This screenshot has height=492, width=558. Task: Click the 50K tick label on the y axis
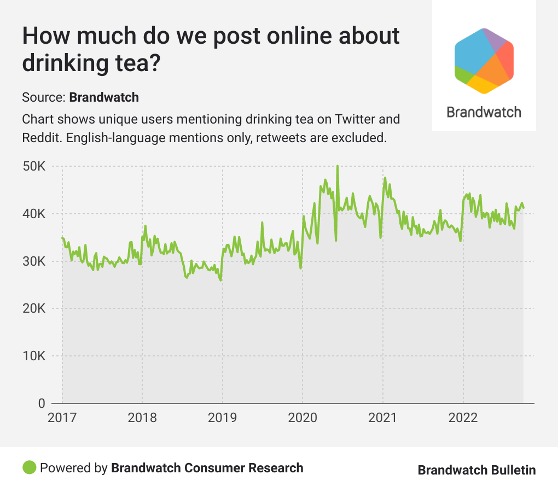tap(34, 166)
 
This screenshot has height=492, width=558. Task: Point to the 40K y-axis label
tap(34, 214)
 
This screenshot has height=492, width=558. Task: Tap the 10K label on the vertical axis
tap(34, 356)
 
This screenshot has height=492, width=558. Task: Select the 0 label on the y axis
tap(41, 404)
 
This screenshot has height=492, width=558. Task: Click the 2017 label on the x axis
tap(62, 418)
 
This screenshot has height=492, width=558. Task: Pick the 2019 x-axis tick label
tap(223, 418)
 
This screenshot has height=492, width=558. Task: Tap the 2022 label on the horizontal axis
tap(463, 418)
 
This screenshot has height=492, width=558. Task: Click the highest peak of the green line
tap(338, 166)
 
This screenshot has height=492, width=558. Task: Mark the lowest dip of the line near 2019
tap(220, 280)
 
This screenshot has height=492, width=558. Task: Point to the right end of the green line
tap(524, 207)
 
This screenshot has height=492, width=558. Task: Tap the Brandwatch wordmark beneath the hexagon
tap(484, 112)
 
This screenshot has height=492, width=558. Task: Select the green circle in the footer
tap(30, 468)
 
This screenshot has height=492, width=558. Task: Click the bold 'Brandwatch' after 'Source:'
tap(104, 98)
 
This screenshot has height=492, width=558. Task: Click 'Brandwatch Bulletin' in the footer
tap(476, 470)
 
